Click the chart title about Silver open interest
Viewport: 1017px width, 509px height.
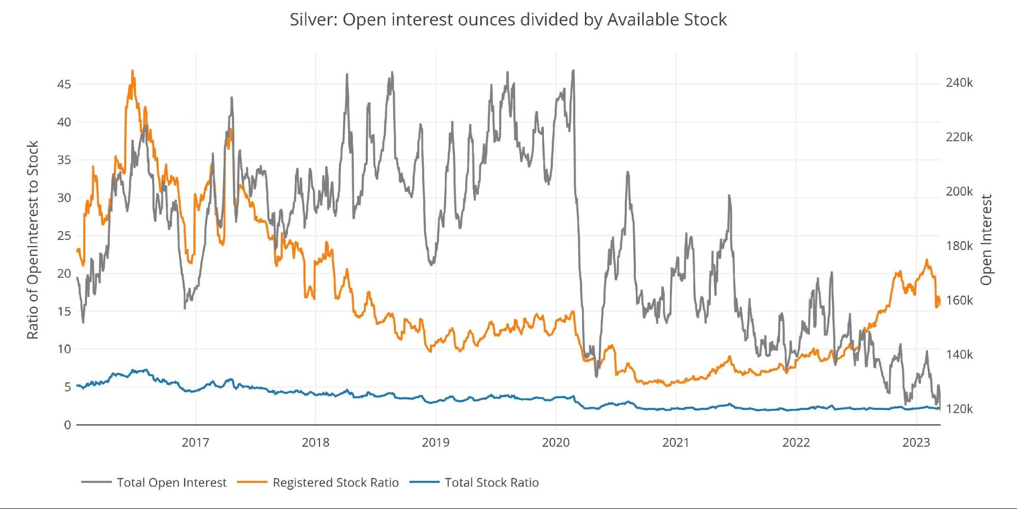[508, 19]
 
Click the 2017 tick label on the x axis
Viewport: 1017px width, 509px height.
[195, 442]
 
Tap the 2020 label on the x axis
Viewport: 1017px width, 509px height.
[556, 442]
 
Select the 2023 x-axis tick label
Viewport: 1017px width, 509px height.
[916, 442]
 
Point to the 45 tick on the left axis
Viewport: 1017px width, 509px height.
[64, 84]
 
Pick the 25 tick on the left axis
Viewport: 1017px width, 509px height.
[64, 236]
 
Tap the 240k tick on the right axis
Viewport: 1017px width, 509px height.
[959, 83]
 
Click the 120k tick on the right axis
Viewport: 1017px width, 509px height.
[959, 409]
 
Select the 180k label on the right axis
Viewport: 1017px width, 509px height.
[959, 246]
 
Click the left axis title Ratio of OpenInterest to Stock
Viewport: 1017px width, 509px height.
[33, 240]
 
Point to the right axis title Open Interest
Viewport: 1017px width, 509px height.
[986, 240]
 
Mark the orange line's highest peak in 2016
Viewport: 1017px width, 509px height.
[132, 71]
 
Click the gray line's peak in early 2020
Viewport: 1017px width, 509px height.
[573, 71]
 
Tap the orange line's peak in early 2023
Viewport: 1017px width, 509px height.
[926, 260]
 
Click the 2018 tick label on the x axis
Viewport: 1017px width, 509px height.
[315, 442]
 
